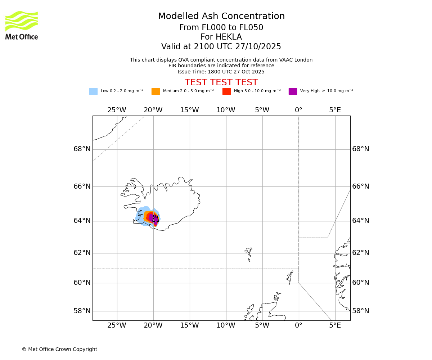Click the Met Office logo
click(22, 25)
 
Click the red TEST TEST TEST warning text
click(221, 82)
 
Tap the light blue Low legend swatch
click(93, 91)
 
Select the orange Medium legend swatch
click(156, 91)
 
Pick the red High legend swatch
click(226, 91)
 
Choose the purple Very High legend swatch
click(293, 91)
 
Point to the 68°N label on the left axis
click(82, 149)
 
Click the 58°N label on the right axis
click(360, 311)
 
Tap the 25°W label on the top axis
click(117, 110)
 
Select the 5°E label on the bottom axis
click(335, 326)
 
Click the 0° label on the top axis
click(298, 110)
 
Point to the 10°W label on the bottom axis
click(226, 326)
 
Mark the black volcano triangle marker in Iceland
click(155, 218)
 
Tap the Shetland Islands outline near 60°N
click(290, 277)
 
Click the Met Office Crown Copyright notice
click(59, 349)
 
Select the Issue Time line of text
click(221, 72)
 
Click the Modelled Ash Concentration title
click(221, 16)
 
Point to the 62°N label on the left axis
click(82, 253)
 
